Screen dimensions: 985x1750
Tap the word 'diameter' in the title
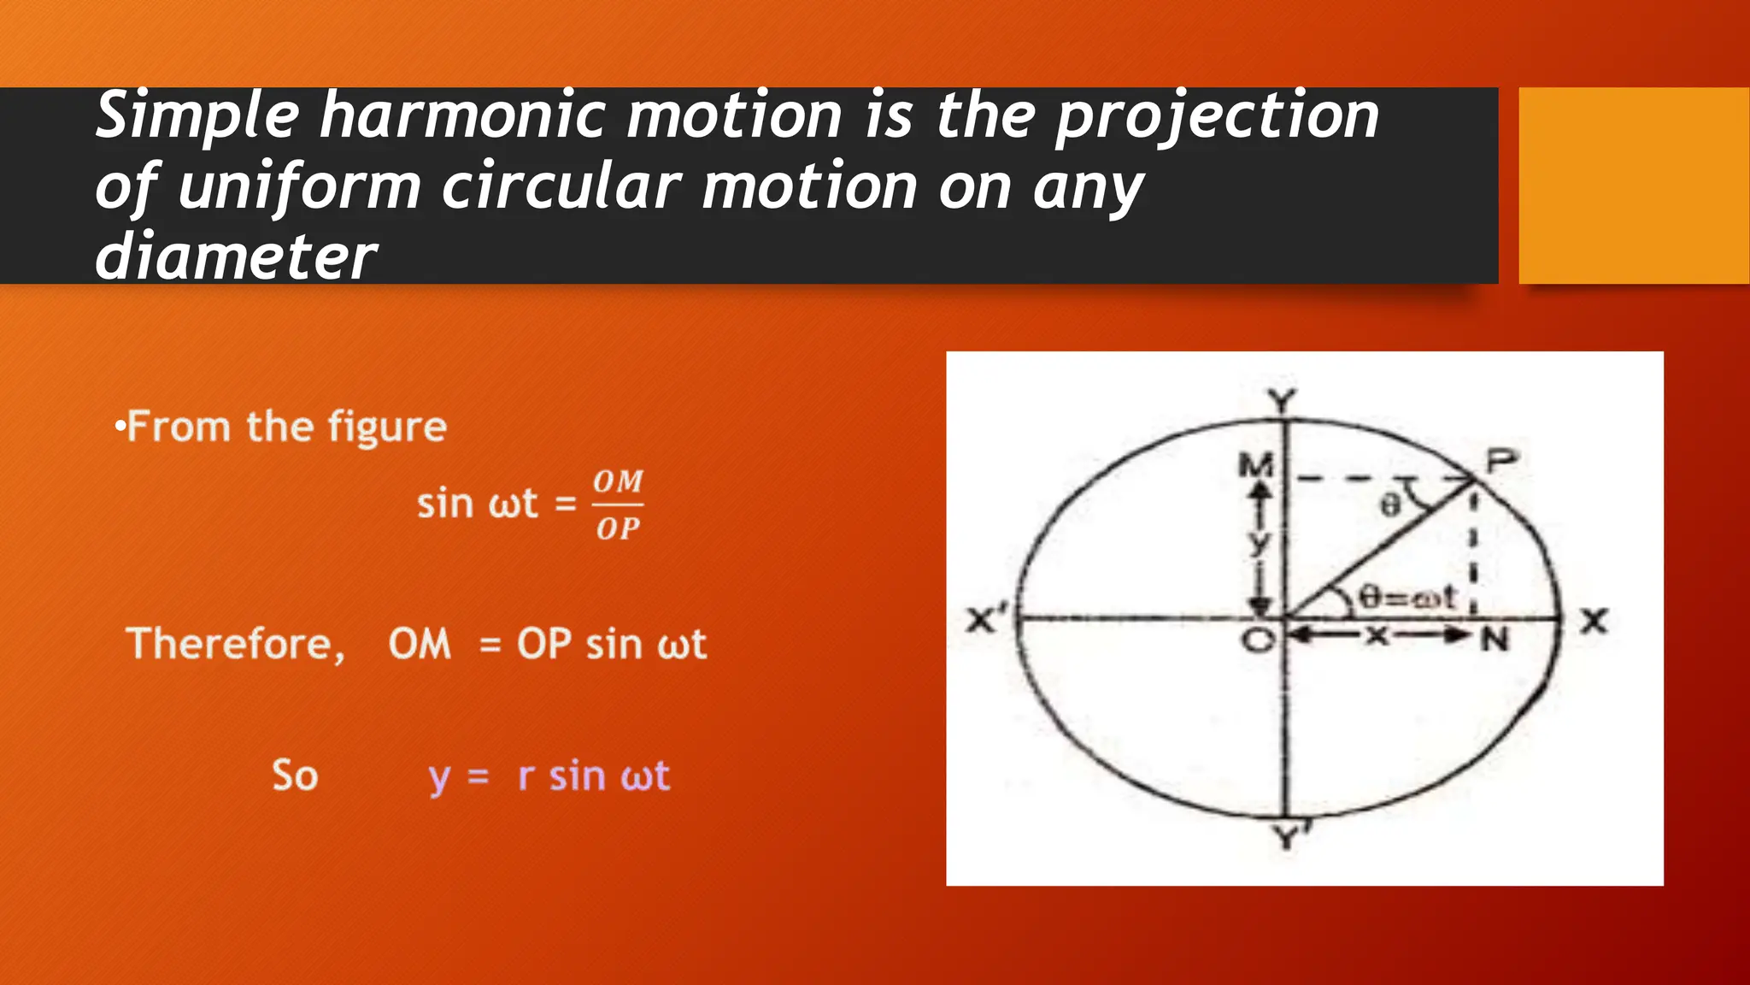tap(236, 257)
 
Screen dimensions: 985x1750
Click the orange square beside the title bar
tap(1633, 185)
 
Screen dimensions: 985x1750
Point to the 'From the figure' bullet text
tap(285, 427)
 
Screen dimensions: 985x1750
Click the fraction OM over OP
tap(618, 505)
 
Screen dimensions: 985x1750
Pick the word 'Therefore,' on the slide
tap(236, 644)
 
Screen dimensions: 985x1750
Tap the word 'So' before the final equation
tap(295, 776)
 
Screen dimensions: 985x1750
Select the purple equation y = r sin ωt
tap(549, 776)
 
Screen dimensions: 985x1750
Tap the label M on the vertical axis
tap(1256, 466)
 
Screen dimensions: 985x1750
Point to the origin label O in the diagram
tap(1258, 640)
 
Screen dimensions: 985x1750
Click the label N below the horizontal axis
tap(1495, 639)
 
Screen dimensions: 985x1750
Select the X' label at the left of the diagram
tap(987, 618)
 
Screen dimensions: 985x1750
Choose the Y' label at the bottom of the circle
tap(1289, 836)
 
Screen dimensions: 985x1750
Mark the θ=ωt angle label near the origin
tap(1406, 596)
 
